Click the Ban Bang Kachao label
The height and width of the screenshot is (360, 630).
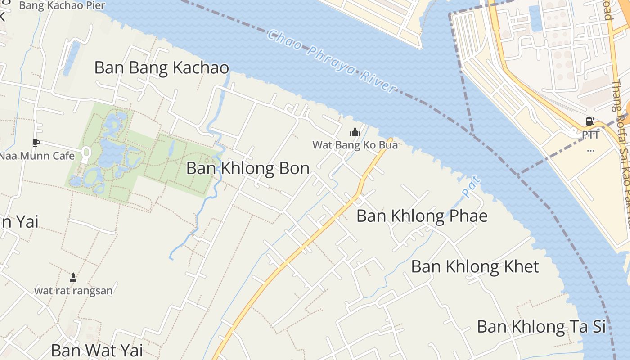click(162, 68)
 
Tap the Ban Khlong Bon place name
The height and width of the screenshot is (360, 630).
click(247, 168)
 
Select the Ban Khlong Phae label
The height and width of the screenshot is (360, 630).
click(422, 216)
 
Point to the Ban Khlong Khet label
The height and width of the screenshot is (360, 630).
click(475, 266)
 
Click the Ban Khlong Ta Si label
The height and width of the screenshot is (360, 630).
click(541, 326)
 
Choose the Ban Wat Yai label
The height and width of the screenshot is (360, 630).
click(97, 350)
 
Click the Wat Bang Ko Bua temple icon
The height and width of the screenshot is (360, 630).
click(355, 132)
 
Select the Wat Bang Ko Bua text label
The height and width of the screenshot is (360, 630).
click(355, 145)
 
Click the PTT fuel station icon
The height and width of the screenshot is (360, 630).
click(590, 121)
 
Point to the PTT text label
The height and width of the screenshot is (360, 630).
click(590, 135)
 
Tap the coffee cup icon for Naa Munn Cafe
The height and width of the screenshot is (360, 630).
click(36, 143)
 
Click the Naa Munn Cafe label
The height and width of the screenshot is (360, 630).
click(37, 156)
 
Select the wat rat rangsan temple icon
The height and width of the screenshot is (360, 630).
click(73, 277)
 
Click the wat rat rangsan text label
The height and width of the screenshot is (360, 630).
click(73, 290)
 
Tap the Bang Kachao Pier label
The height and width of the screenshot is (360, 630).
click(62, 6)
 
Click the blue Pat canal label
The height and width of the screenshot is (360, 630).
click(471, 187)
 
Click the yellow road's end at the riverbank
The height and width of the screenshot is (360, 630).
click(390, 140)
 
